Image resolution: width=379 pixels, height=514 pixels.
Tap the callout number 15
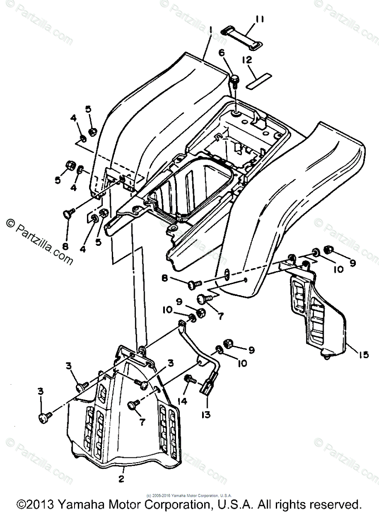(364, 356)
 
